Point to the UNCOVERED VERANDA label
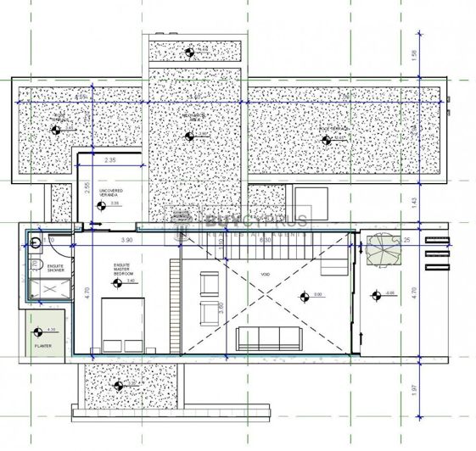[111, 192]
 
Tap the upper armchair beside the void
[207, 281]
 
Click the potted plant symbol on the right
[381, 249]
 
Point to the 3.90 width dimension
[126, 242]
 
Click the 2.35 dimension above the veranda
[110, 159]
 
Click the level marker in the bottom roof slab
[119, 385]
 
